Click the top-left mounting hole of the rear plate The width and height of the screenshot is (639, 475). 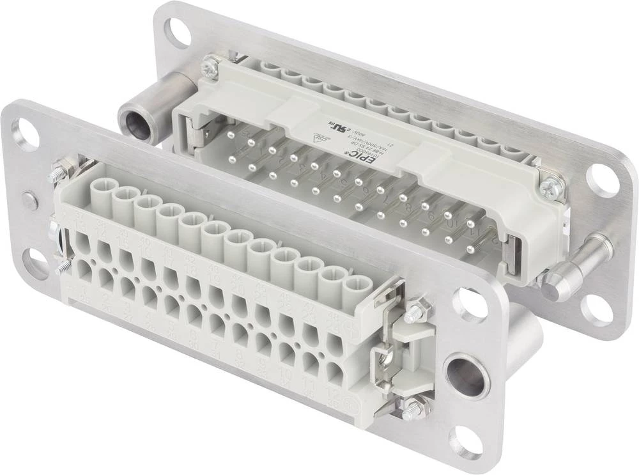pos(177,33)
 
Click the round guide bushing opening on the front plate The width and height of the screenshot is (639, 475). pos(465,375)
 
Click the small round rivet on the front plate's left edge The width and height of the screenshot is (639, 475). pos(29,200)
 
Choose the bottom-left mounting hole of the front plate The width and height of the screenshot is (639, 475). pos(35,263)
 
